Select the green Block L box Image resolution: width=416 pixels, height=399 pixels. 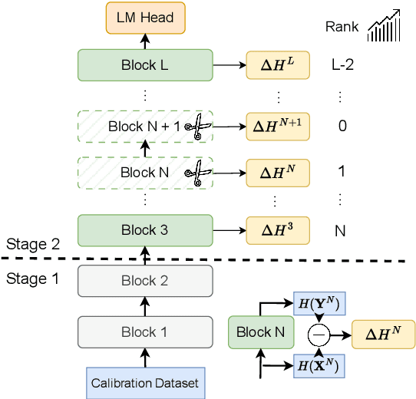[145, 65]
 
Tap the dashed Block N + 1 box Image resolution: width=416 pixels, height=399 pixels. [145, 126]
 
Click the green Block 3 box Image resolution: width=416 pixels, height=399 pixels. [145, 229]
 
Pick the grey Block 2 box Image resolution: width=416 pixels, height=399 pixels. [145, 281]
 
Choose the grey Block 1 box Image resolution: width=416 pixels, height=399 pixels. [145, 332]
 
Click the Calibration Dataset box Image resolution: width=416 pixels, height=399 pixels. [145, 382]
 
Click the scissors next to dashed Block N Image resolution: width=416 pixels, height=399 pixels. [196, 173]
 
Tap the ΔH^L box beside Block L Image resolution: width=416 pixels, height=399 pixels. [277, 66]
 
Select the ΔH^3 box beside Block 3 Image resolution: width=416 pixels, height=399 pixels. [277, 230]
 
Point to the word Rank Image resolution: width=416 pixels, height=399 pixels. [342, 28]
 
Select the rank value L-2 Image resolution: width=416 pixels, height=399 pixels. [342, 66]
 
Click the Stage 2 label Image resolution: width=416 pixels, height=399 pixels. [32, 244]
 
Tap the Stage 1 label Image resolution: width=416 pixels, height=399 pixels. [32, 279]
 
